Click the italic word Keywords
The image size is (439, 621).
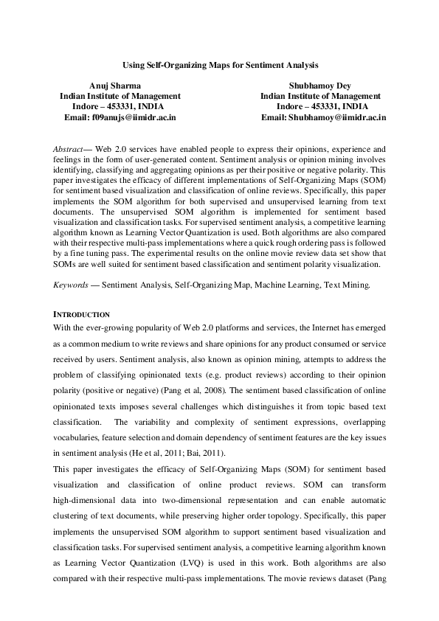pos(73,283)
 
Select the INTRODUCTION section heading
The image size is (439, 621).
pos(83,314)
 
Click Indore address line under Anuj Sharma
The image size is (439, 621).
pos(120,106)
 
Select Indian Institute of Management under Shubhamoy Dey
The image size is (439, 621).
pos(320,96)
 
